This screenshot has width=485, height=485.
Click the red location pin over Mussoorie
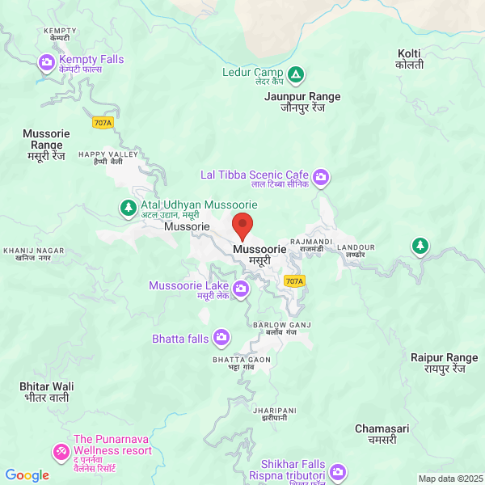(x=242, y=225)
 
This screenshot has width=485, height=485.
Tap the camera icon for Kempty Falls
(x=46, y=61)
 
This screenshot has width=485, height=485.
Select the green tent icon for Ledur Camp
(x=297, y=76)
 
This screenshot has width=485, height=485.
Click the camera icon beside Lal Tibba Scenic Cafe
(x=322, y=176)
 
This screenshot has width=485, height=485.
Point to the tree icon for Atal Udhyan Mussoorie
(x=128, y=209)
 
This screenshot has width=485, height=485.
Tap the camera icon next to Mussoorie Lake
(x=241, y=289)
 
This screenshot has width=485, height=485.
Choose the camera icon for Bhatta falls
(x=221, y=338)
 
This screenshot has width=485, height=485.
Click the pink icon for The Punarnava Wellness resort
(x=61, y=450)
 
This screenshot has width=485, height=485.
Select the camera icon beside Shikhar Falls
(x=337, y=470)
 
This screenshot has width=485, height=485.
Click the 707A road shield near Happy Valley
(x=103, y=123)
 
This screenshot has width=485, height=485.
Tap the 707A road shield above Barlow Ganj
(x=295, y=281)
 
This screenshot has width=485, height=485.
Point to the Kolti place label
(x=410, y=59)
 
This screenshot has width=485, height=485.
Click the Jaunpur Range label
(x=302, y=102)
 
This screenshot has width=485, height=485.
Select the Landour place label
(x=356, y=250)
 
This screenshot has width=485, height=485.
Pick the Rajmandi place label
(x=311, y=245)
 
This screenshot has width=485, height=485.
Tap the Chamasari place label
(x=382, y=433)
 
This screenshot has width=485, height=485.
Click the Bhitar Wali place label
(x=46, y=392)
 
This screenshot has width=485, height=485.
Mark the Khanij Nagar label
(x=33, y=254)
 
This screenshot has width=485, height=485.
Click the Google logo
(x=27, y=475)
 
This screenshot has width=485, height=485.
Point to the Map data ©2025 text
(x=449, y=479)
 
